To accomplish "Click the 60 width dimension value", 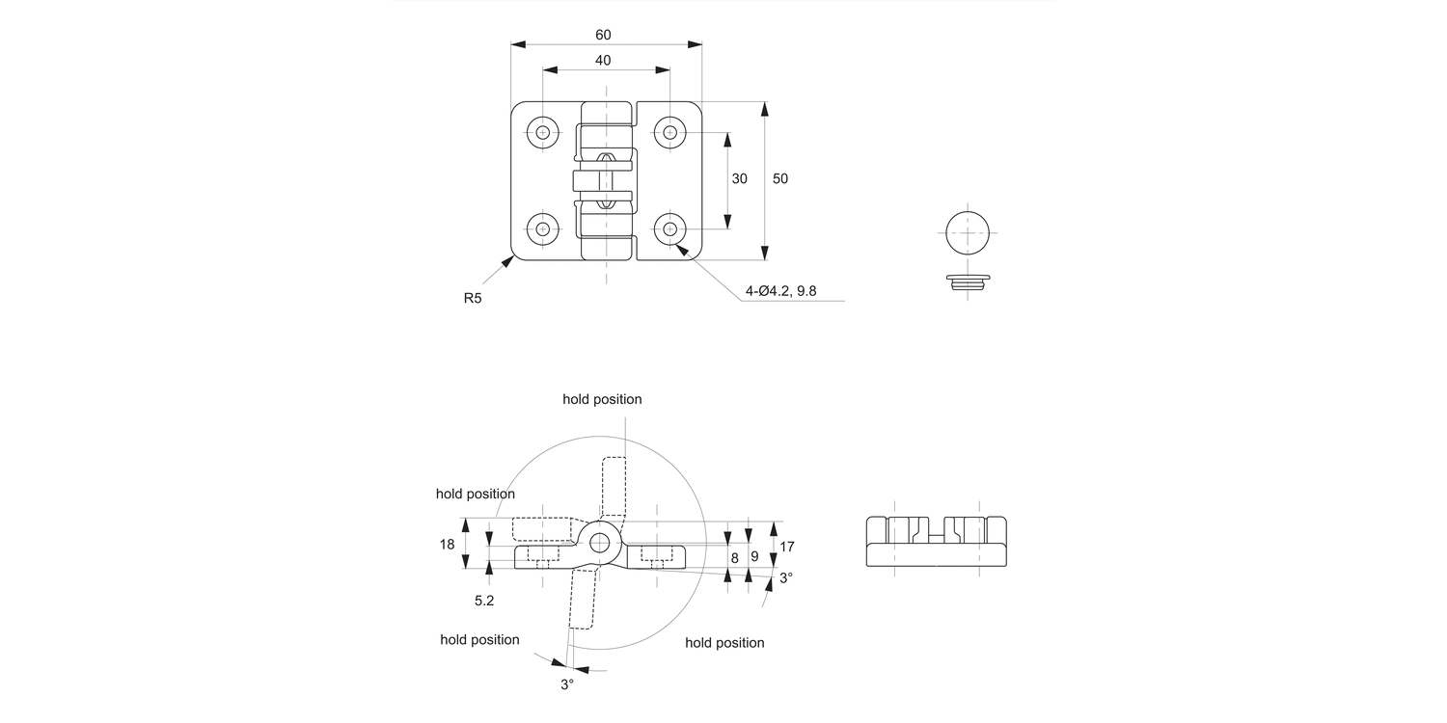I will click(x=603, y=35).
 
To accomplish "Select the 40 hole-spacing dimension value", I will click(x=603, y=60).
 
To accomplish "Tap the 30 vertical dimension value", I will click(x=740, y=178).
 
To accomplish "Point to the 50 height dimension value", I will click(x=780, y=178).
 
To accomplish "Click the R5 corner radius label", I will click(x=472, y=299).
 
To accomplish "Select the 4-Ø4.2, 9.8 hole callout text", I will click(x=780, y=291).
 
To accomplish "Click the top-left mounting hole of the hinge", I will click(x=543, y=132).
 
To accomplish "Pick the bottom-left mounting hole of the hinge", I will click(x=543, y=228).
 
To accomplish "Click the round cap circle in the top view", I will click(x=968, y=232).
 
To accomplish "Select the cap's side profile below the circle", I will click(x=968, y=281).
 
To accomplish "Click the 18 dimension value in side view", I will click(x=447, y=544).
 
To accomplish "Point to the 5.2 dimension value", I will click(x=484, y=600).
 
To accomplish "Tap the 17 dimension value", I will click(x=787, y=547).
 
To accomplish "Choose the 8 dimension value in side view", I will click(x=734, y=557).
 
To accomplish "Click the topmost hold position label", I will click(x=602, y=399).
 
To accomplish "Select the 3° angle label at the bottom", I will click(x=567, y=683).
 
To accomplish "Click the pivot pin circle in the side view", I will click(x=600, y=542).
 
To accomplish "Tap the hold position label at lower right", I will click(x=724, y=643).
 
